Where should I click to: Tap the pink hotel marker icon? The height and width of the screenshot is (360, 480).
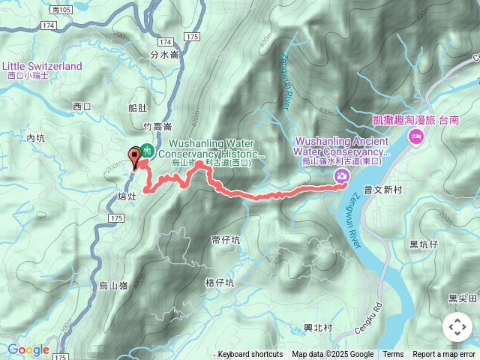tap(415, 137)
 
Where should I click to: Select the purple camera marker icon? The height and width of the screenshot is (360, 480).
tap(342, 175)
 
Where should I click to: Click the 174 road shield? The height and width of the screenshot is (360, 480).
tap(49, 25)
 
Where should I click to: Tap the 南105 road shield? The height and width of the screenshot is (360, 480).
tap(64, 9)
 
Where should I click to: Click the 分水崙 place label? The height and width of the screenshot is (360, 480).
tap(164, 54)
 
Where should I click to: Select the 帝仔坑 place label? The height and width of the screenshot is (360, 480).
tap(226, 240)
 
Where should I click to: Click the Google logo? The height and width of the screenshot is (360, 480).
tap(28, 349)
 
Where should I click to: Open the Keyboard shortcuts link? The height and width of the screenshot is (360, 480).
tap(250, 355)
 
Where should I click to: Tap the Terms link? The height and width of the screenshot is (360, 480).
tap(393, 355)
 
